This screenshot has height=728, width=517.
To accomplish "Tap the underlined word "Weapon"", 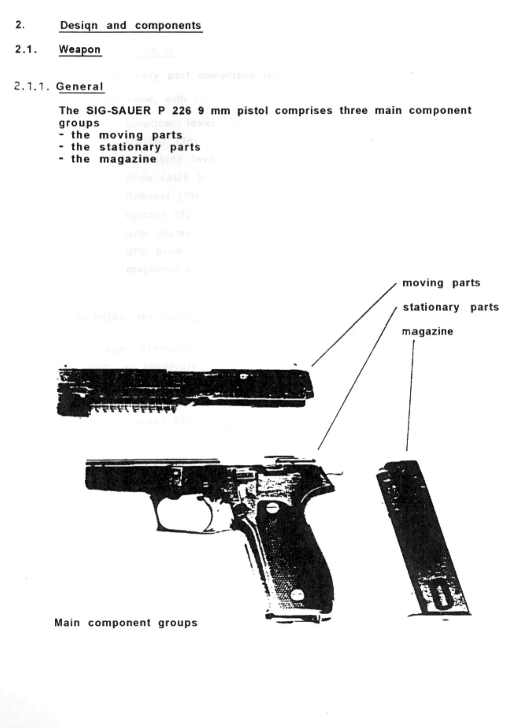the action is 80,50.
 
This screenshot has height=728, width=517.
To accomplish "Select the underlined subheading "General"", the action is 80,87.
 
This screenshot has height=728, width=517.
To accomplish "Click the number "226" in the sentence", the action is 181,111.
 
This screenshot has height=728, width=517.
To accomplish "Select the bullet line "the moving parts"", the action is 126,135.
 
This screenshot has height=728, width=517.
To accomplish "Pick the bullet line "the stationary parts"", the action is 135,147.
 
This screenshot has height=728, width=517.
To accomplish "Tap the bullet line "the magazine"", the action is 114,159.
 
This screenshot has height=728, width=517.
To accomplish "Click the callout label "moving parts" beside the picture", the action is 441,283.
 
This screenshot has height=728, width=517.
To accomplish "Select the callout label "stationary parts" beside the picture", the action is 451,307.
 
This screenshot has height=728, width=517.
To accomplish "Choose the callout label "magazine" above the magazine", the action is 427,332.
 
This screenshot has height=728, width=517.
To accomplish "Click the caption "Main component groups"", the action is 126,623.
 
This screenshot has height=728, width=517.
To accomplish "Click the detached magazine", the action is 425,539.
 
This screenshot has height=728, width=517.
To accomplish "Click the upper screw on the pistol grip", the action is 272,508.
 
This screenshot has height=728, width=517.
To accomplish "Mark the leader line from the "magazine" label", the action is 410,394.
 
